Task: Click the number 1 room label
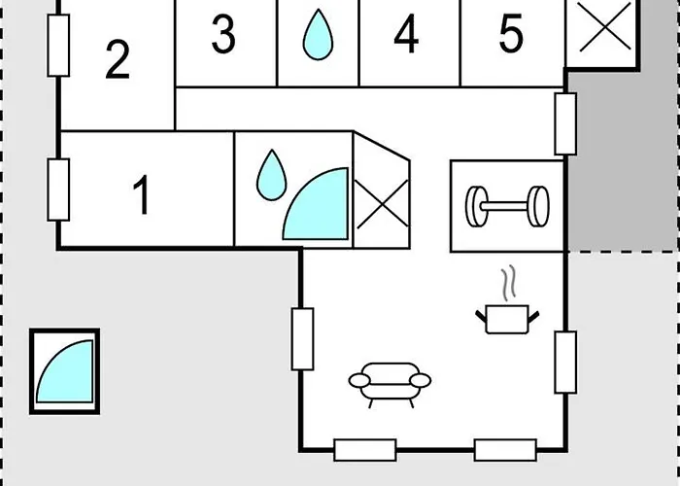(x=142, y=194)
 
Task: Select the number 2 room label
(x=118, y=59)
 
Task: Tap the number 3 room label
(x=223, y=34)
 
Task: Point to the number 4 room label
(x=406, y=34)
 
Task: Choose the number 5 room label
(x=511, y=34)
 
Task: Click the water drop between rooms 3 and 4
(x=318, y=35)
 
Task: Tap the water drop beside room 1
(x=271, y=175)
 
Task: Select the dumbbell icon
(x=507, y=206)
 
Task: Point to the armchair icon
(x=390, y=385)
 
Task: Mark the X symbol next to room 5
(x=605, y=26)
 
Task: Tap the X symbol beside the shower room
(x=382, y=204)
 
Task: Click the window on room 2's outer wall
(x=58, y=46)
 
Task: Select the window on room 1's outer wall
(x=58, y=190)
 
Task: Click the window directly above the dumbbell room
(x=566, y=123)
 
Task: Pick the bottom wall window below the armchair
(x=365, y=450)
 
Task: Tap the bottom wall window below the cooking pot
(x=506, y=450)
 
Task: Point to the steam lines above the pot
(x=509, y=283)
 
